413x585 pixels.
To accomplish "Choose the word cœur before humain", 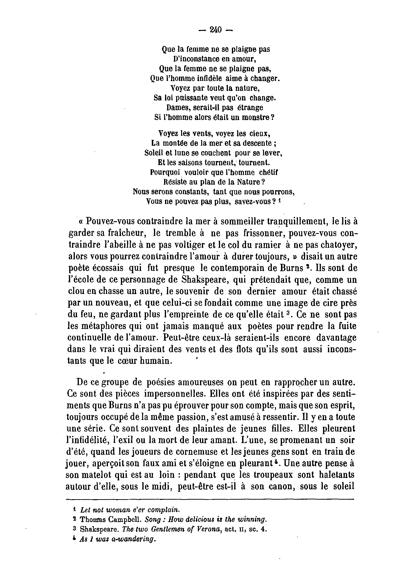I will click(x=128, y=361).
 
